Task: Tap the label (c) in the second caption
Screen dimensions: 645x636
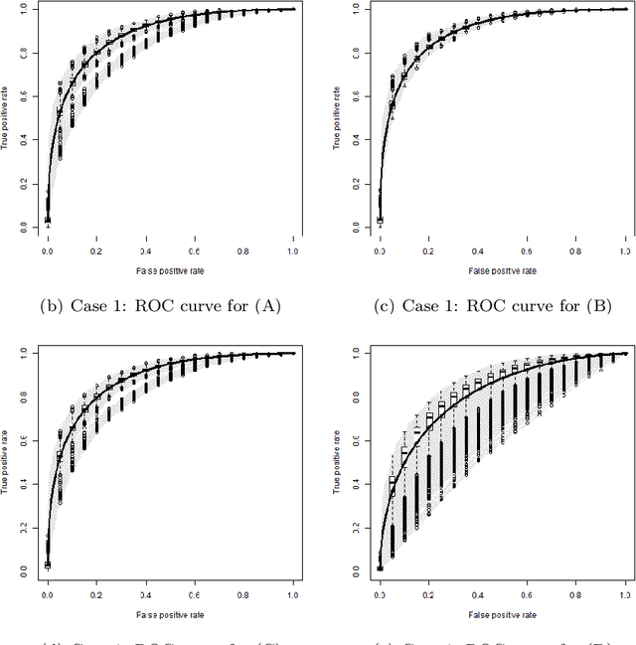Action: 411,305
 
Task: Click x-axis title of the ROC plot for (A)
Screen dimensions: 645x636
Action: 171,269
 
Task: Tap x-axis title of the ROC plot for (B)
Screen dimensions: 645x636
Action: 503,269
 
